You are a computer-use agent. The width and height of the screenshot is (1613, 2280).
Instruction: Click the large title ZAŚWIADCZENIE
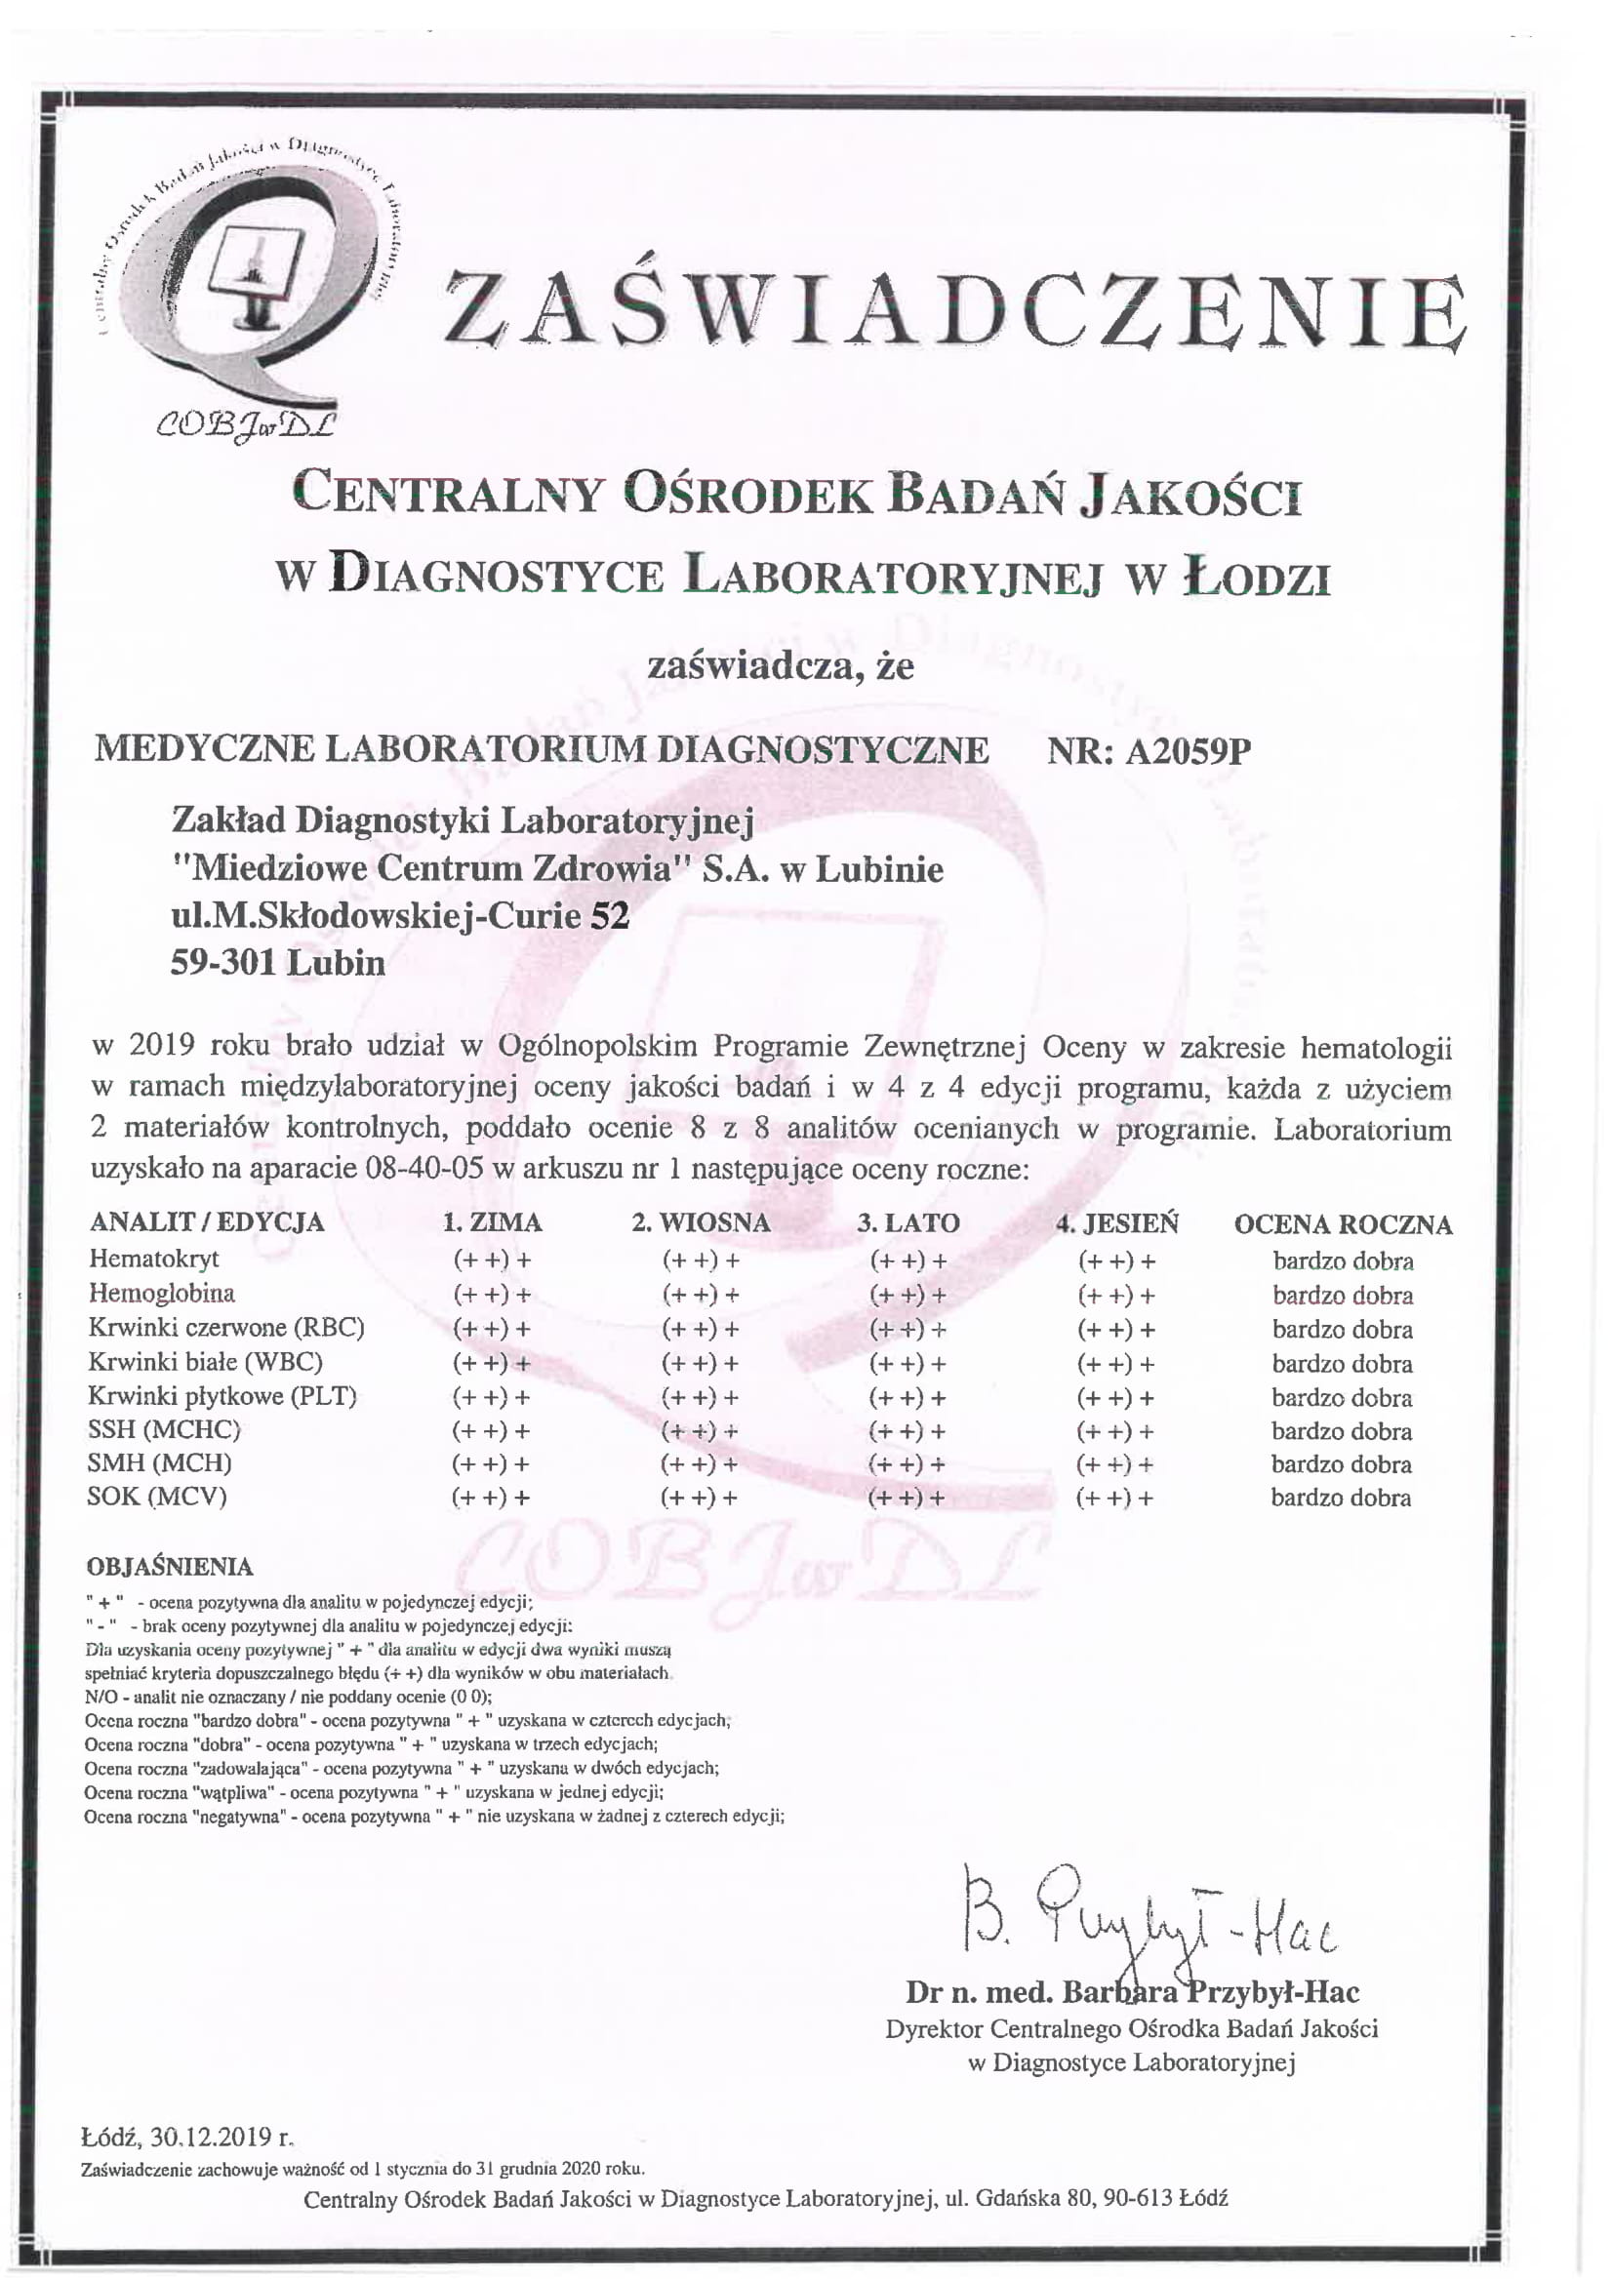tap(953, 310)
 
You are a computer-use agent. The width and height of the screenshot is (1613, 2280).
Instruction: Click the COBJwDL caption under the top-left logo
tap(246, 425)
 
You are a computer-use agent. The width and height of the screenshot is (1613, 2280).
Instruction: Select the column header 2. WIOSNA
tap(702, 1222)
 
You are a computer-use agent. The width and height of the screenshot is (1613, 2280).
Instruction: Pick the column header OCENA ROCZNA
tap(1343, 1224)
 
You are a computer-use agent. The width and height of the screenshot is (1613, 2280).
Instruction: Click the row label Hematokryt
tap(154, 1260)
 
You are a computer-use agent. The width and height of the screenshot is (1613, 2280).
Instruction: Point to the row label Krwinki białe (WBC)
tap(205, 1361)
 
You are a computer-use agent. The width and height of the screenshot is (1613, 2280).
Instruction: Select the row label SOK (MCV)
tap(157, 1497)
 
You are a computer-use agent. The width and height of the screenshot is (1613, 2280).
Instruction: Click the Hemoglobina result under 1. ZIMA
tap(492, 1295)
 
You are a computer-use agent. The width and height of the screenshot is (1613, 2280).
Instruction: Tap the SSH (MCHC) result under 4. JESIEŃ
tap(1116, 1431)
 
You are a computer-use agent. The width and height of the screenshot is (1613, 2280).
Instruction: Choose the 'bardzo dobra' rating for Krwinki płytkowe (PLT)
tap(1342, 1398)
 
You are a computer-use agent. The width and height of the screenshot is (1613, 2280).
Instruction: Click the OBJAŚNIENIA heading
tap(170, 1567)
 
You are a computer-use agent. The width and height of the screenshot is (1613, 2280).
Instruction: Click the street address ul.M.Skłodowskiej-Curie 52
tap(400, 915)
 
